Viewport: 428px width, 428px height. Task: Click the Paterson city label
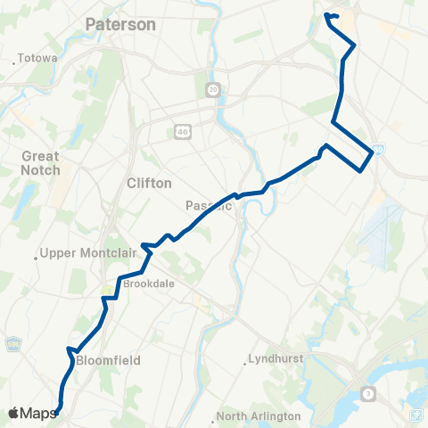(x=120, y=25)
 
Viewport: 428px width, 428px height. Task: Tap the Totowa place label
(x=37, y=59)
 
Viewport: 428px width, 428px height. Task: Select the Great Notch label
(x=41, y=163)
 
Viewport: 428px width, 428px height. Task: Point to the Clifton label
(x=149, y=183)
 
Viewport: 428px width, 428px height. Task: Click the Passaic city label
(x=208, y=206)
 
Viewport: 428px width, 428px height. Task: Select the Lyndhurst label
(x=278, y=358)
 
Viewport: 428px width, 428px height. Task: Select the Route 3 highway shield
(x=368, y=393)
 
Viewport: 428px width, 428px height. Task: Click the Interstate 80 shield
(x=380, y=149)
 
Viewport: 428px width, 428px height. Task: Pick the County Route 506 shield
(x=12, y=343)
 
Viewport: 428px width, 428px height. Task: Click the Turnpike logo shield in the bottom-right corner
(x=416, y=415)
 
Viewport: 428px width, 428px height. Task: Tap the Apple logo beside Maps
(x=13, y=413)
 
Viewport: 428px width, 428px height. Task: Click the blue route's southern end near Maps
(x=58, y=411)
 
